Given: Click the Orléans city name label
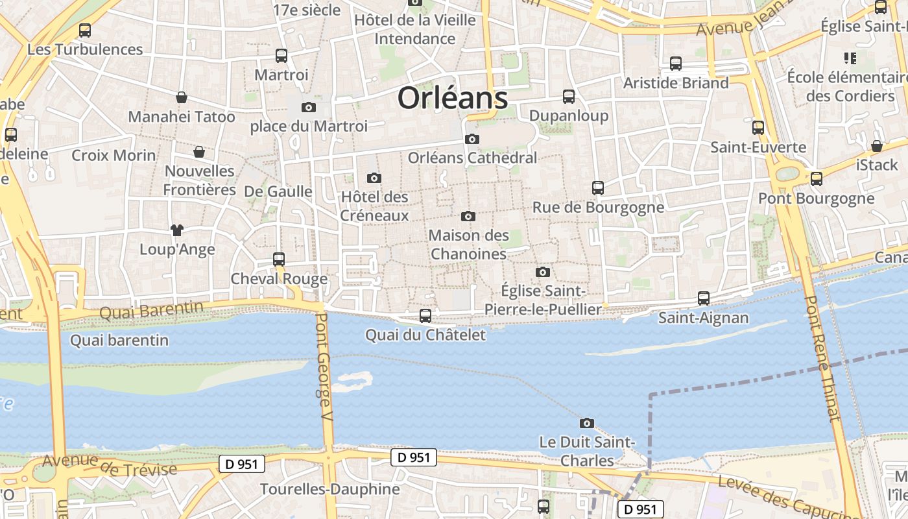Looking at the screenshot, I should [x=452, y=98].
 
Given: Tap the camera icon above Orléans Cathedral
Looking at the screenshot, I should [x=472, y=139].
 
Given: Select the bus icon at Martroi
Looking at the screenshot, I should [x=281, y=56].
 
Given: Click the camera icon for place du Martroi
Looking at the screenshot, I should [x=309, y=107].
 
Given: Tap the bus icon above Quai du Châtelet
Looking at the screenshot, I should [x=425, y=316].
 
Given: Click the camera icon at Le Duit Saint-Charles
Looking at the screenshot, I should [x=586, y=423].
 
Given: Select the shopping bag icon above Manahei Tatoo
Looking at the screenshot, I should [x=182, y=97].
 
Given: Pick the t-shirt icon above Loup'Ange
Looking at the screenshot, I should [x=176, y=230].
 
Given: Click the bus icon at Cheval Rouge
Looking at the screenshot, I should [x=279, y=259].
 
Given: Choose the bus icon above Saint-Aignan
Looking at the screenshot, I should [x=704, y=298].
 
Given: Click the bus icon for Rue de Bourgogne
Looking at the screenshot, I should [x=598, y=188].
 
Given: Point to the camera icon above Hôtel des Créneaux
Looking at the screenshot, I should [x=374, y=178].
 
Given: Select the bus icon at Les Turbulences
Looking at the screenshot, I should [x=84, y=30].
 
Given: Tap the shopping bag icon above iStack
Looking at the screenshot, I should [x=877, y=146].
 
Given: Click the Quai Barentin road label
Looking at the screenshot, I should [x=151, y=310].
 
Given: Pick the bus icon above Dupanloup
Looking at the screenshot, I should [x=569, y=97].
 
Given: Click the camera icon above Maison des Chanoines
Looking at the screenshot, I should [x=468, y=216].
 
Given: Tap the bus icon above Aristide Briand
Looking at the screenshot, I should [x=676, y=64].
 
